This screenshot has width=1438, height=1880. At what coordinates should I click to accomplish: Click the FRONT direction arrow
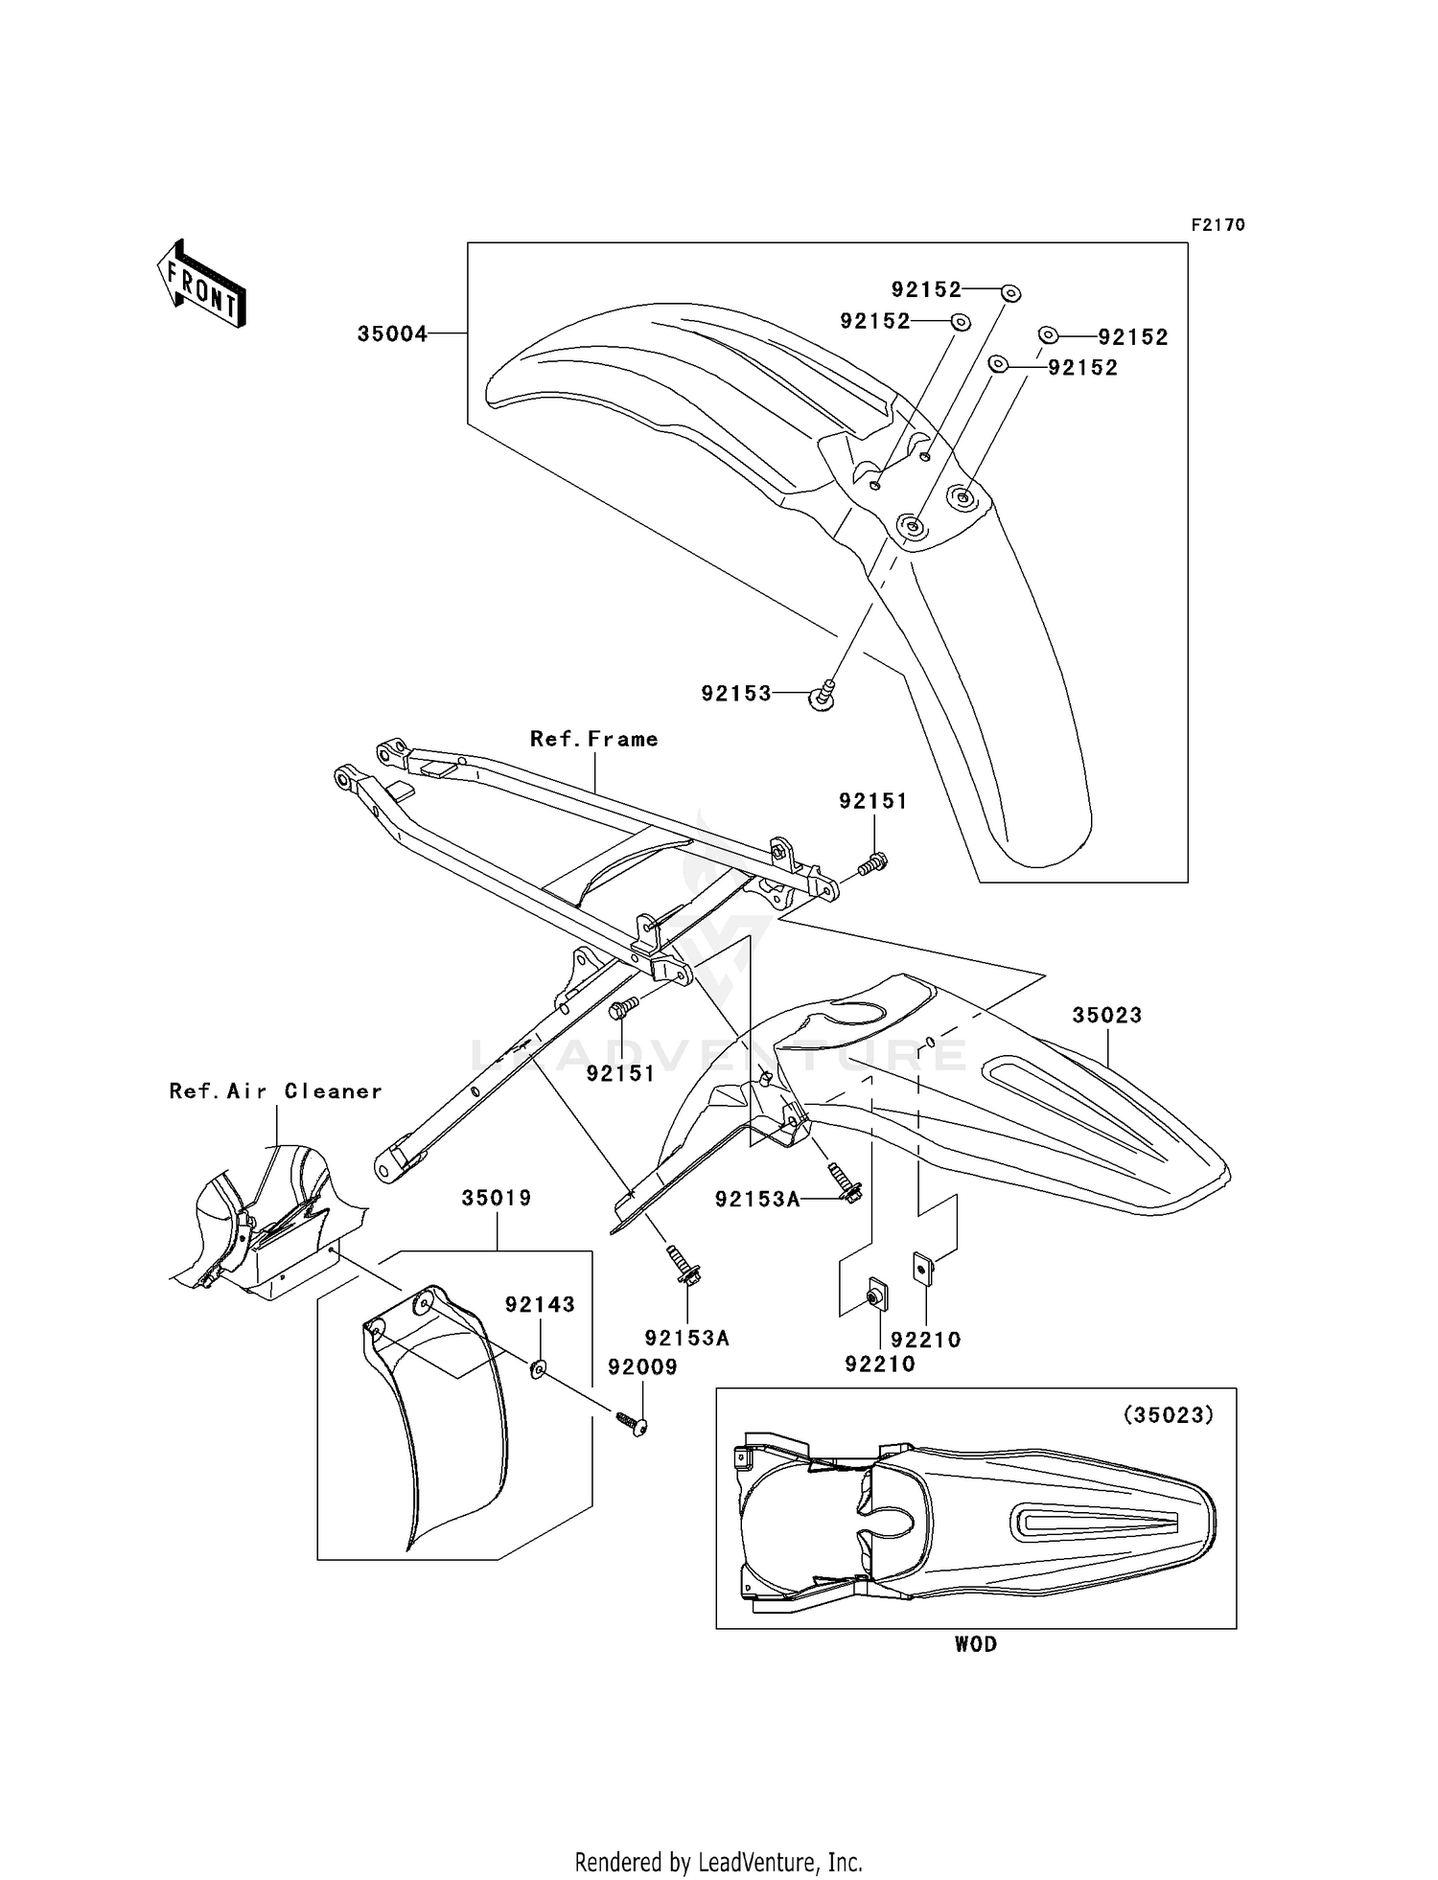point(202,284)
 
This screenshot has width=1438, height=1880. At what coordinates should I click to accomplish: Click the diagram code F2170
point(1218,225)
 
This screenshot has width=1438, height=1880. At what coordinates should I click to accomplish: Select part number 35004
point(392,334)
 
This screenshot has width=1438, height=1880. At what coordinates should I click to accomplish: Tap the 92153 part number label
point(735,694)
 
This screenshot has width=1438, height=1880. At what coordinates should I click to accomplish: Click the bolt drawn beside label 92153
point(825,696)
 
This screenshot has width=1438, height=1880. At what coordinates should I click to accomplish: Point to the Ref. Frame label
point(594,739)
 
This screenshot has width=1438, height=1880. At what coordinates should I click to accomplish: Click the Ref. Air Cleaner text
point(275,1091)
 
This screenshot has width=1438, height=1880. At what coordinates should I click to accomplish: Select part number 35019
point(496,1198)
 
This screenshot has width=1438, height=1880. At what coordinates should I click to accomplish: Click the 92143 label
point(540,1304)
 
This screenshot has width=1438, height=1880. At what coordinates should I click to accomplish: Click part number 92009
point(642,1367)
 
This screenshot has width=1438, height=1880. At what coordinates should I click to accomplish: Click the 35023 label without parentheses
point(1106,1015)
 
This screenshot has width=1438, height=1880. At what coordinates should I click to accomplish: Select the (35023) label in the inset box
point(1168,1414)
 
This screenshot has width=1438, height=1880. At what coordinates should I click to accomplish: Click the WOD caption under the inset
point(975,1644)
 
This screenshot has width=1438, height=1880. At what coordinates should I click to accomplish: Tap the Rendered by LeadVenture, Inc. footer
point(718,1862)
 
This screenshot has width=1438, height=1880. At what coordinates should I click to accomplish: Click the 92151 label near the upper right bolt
point(872,801)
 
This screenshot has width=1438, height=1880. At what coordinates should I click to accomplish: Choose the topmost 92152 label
point(926,289)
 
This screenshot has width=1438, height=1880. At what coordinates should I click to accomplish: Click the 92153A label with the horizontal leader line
point(756,1199)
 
